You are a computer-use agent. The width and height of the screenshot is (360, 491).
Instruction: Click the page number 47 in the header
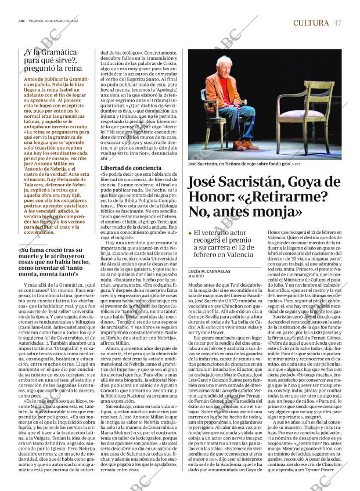pos(337,23)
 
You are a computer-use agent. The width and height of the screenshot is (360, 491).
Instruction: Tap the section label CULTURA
pos(312,23)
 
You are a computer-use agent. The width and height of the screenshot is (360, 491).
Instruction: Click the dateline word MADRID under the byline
pos(196,261)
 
